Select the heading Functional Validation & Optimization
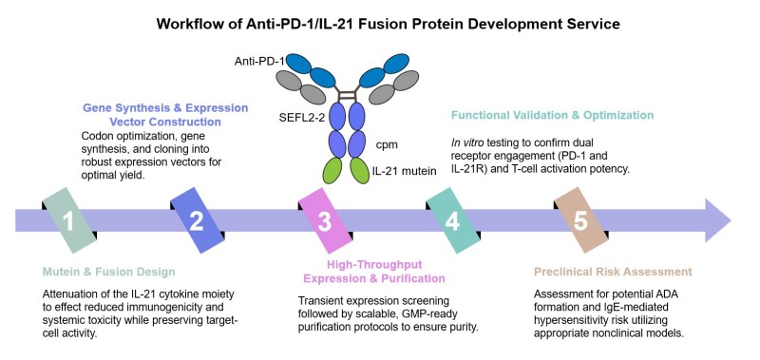(x=551, y=116)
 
